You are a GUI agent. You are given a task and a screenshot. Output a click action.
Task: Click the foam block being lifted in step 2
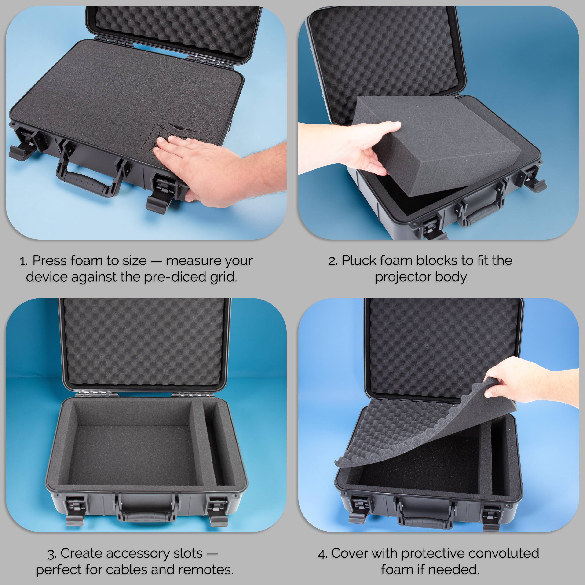pyautogui.click(x=436, y=145)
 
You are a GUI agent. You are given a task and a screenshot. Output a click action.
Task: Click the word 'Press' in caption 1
pyautogui.click(x=49, y=261)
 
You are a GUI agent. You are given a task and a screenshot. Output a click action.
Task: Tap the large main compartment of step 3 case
pyautogui.click(x=130, y=448)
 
